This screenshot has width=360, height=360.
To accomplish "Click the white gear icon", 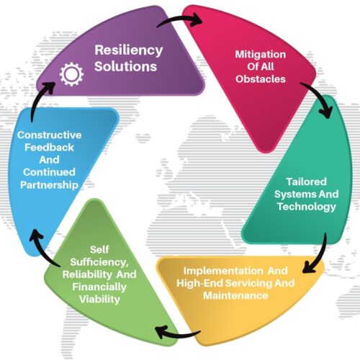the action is click(71, 74).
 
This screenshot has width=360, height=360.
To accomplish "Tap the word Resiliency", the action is click(129, 50).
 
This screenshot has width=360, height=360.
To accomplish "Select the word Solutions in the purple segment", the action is click(125, 66).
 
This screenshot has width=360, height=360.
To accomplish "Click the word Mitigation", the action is click(261, 55).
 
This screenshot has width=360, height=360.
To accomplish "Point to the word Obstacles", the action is click(261, 79).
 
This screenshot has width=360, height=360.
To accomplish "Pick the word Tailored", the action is click(306, 181).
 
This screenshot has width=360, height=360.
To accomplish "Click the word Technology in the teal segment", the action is click(307, 207).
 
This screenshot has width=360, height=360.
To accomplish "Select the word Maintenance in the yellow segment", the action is click(235, 295).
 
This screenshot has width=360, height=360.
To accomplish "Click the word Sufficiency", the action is click(99, 262).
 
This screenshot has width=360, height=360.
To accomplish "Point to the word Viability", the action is click(99, 300).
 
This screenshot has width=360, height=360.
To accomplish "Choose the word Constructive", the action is click(50, 135).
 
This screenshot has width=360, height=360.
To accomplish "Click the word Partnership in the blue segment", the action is click(50, 185).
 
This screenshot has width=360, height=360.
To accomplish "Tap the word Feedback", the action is click(49, 148).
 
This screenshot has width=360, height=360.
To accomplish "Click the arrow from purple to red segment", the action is click(179, 19).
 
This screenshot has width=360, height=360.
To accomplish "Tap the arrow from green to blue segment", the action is click(41, 251).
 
